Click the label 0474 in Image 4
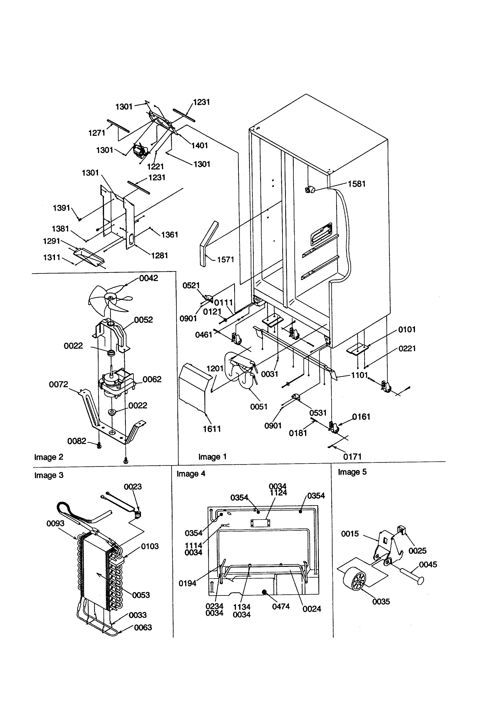281,607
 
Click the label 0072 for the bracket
58,385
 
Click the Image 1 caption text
213,457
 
